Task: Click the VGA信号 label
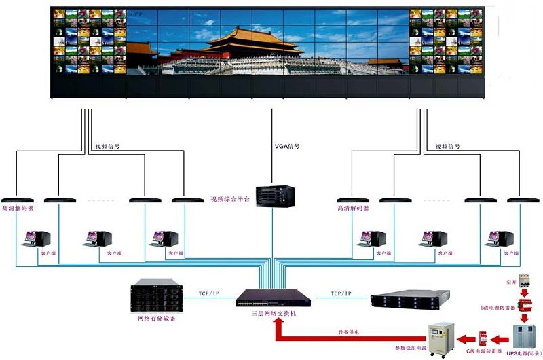pyautogui.click(x=286, y=146)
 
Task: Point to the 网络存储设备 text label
pyautogui.click(x=157, y=318)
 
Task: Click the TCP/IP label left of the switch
pyautogui.click(x=209, y=293)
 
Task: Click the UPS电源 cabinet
pyautogui.click(x=523, y=338)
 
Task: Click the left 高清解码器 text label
pyautogui.click(x=18, y=209)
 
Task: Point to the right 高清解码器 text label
pyautogui.click(x=353, y=209)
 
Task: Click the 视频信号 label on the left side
pyautogui.click(x=107, y=146)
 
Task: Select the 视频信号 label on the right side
pyautogui.click(x=449, y=146)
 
